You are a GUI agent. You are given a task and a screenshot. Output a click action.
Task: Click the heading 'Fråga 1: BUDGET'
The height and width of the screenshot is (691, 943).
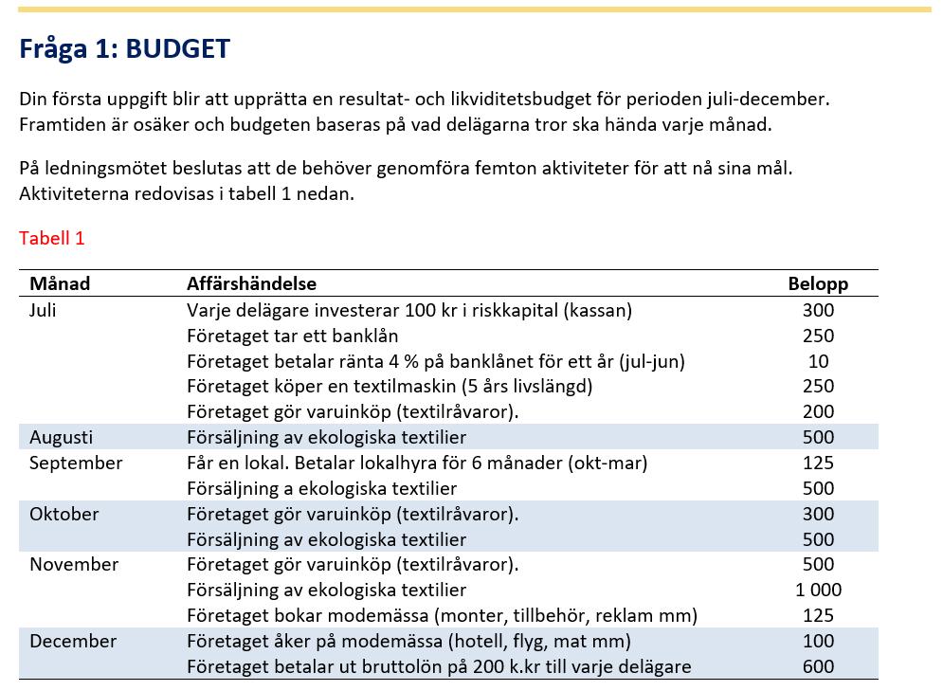click(124, 48)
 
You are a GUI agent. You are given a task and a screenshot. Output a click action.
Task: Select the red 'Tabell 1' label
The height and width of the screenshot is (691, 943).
click(51, 238)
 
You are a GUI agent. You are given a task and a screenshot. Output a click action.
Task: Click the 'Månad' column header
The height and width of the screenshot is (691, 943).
click(60, 283)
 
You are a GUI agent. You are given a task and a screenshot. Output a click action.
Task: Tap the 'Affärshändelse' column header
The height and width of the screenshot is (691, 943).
click(251, 283)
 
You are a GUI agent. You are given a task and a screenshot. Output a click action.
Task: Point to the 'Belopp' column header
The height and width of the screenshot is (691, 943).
click(818, 283)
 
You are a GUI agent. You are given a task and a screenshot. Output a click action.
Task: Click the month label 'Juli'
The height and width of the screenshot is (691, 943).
click(43, 310)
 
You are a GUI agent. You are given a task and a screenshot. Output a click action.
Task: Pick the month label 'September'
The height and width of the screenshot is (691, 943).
click(76, 463)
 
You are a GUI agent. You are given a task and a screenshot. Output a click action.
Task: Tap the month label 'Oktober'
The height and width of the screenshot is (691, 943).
click(63, 514)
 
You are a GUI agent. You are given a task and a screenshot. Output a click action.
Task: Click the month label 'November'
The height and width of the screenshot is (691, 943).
click(74, 565)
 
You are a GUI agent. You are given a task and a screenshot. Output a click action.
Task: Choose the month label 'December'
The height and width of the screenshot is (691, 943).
click(73, 641)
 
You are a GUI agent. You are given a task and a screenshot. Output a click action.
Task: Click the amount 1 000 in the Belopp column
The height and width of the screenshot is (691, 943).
click(818, 590)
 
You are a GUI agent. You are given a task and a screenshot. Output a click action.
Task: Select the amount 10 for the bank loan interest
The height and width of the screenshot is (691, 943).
click(818, 361)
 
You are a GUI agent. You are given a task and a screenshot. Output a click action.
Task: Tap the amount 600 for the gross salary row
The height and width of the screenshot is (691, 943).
click(818, 666)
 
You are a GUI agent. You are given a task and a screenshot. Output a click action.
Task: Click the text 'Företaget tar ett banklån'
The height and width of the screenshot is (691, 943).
click(292, 336)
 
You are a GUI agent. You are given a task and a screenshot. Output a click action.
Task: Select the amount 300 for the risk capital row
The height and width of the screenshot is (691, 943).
click(818, 310)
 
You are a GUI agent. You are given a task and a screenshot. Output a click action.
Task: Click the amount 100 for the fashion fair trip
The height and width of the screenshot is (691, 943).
click(818, 641)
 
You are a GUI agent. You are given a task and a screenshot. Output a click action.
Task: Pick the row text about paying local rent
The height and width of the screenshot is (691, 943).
click(417, 463)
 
